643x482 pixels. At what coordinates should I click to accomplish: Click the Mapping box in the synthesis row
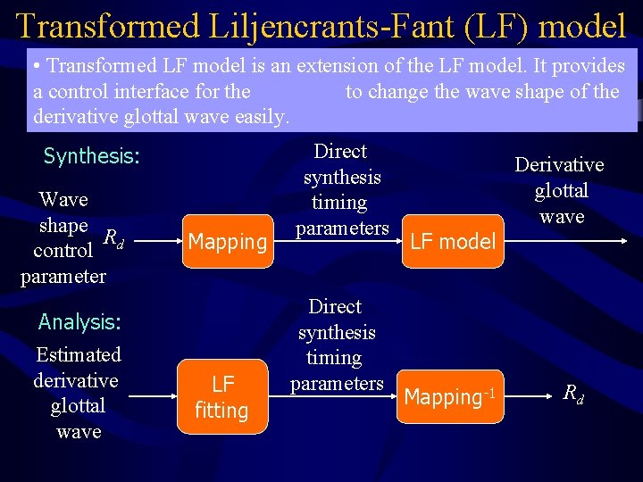[x=228, y=241]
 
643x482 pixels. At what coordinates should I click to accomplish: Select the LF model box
[x=453, y=241]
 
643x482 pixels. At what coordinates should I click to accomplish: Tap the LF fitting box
[x=222, y=396]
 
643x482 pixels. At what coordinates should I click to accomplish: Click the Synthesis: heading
[x=92, y=156]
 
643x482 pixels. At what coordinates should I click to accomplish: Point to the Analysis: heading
[x=79, y=321]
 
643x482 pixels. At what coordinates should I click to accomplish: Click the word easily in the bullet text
[x=260, y=116]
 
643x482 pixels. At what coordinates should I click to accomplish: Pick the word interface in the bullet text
[x=188, y=91]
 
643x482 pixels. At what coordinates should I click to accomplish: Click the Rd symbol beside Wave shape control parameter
[x=113, y=237]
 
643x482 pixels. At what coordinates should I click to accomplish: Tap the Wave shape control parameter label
[x=63, y=237]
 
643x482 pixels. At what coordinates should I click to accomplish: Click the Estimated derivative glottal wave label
[x=78, y=393]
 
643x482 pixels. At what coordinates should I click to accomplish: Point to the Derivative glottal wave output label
[x=560, y=190]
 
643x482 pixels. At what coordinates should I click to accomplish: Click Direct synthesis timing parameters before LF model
[x=342, y=189]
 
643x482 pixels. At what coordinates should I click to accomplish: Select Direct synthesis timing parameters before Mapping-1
[x=336, y=345]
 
